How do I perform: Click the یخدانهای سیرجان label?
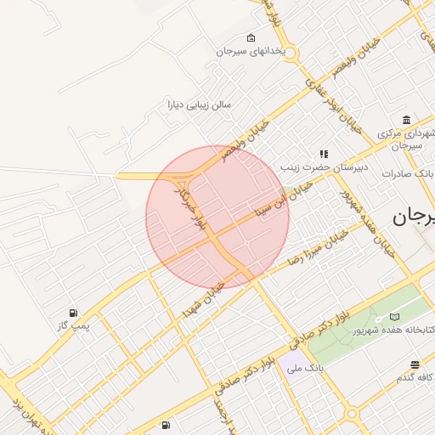point(250,52)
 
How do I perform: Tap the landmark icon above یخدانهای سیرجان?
point(250,38)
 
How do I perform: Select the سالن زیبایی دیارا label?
point(199,106)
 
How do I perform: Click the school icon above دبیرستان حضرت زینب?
point(324,154)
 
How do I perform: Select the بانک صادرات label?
point(408,173)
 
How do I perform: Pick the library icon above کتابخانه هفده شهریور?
point(394,316)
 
